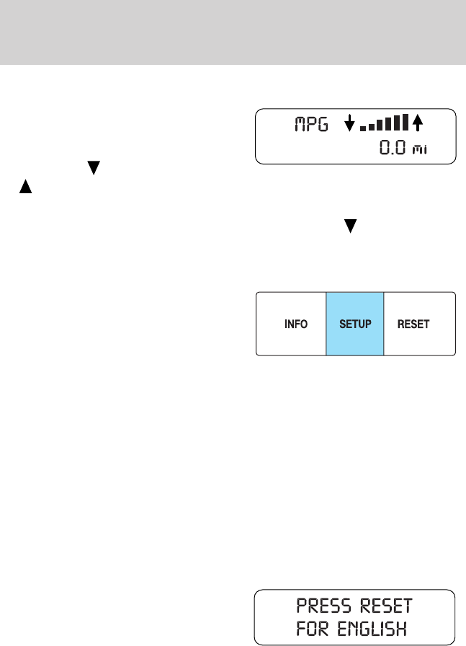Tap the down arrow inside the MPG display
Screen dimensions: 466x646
pyautogui.click(x=349, y=124)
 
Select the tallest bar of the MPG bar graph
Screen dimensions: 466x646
pyautogui.click(x=405, y=123)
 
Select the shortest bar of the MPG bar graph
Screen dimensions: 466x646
pyautogui.click(x=363, y=129)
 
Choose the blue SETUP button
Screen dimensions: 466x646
pyautogui.click(x=355, y=324)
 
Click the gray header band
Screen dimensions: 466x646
pyautogui.click(x=233, y=32)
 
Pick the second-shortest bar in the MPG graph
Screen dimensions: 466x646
pyautogui.click(x=371, y=128)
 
